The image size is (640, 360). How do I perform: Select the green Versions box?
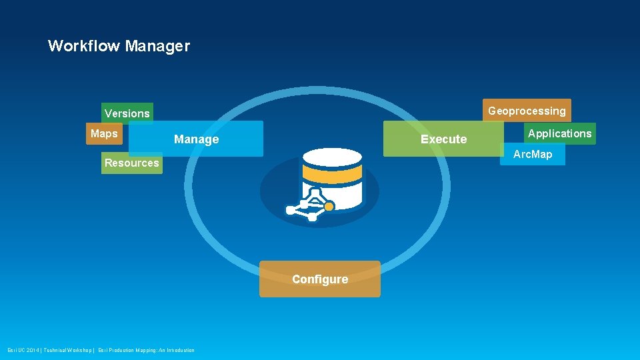click(127, 113)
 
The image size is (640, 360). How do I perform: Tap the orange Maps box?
click(104, 133)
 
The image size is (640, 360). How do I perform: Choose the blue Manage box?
click(196, 139)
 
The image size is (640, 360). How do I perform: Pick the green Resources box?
click(131, 163)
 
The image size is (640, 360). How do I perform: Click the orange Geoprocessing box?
click(527, 111)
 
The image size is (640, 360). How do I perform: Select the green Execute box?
click(443, 139)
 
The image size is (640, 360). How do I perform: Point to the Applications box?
click(559, 133)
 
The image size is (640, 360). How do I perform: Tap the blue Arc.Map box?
click(533, 154)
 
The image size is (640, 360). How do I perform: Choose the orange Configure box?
click(320, 279)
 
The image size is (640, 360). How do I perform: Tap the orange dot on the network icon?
click(329, 207)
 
